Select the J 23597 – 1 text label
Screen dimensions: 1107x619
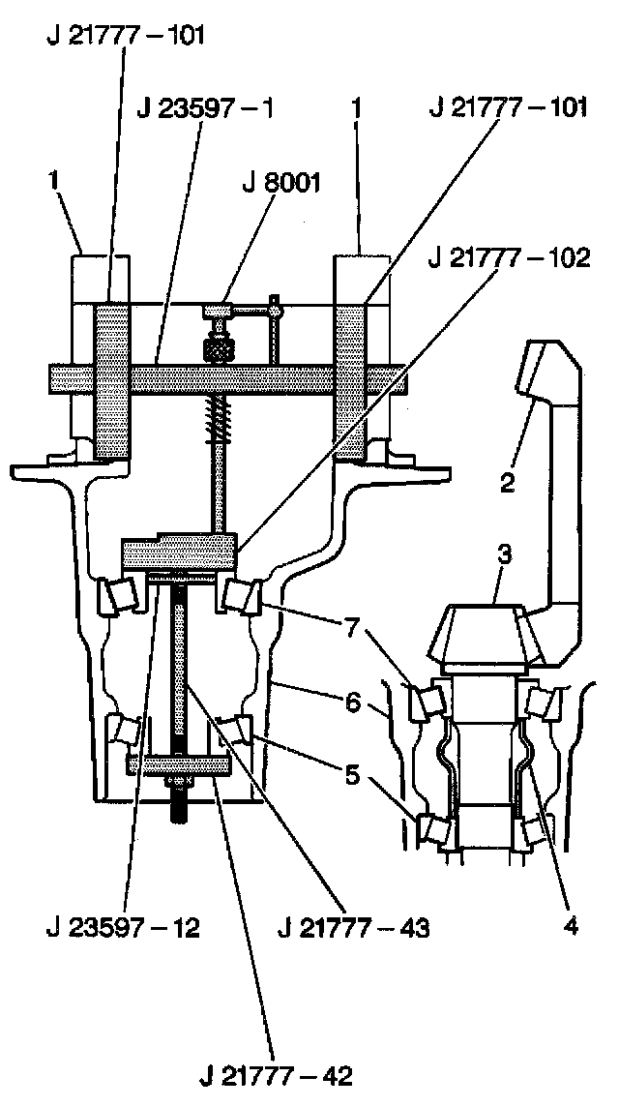point(206,107)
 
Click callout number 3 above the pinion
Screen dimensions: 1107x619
point(505,553)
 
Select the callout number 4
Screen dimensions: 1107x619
point(570,926)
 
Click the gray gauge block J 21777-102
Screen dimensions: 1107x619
point(178,553)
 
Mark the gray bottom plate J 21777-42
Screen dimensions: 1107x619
point(178,765)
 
